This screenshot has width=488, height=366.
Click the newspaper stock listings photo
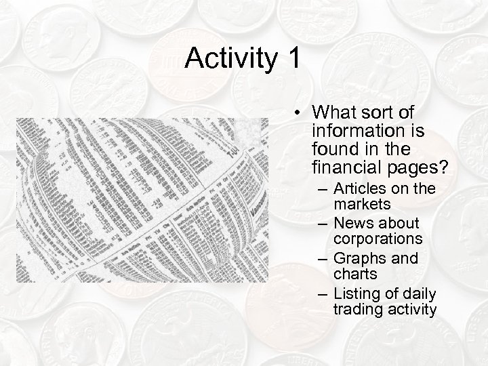[x=142, y=199]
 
